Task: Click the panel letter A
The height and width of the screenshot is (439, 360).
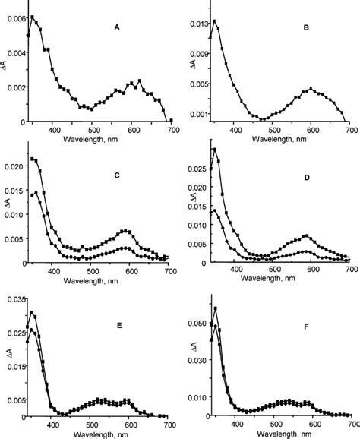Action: (x=116, y=28)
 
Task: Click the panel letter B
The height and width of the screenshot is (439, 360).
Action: (x=305, y=33)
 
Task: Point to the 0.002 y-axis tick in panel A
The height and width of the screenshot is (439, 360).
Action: (x=15, y=87)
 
